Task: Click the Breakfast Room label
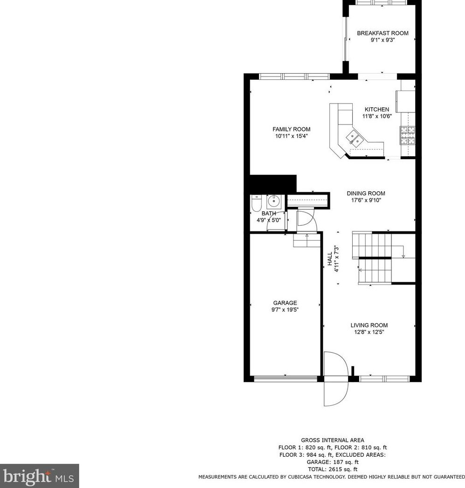point(383,33)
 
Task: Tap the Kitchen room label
point(376,110)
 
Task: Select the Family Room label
point(291,129)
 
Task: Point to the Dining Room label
point(366,193)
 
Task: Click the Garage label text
point(285,303)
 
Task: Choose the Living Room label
point(369,325)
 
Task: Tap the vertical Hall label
point(329,259)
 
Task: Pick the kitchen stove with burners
point(407,136)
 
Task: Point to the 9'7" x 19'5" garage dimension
point(285,310)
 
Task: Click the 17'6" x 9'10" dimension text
point(366,200)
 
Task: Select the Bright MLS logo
point(39,476)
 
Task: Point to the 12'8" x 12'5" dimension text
point(369,332)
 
